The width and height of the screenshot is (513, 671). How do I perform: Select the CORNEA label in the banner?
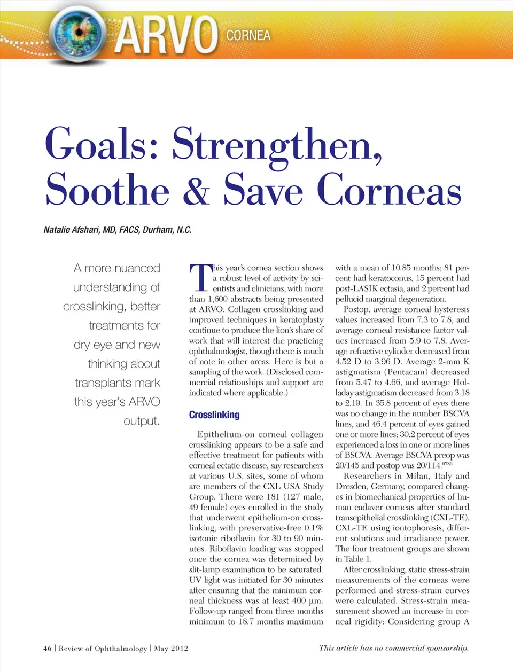click(x=248, y=36)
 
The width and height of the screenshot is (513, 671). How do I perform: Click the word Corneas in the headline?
click(x=389, y=190)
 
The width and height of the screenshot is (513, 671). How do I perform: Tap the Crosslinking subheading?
click(x=214, y=415)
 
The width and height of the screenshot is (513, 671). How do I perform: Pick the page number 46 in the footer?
click(x=48, y=649)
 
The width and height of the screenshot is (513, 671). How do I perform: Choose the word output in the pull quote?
click(x=142, y=421)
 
